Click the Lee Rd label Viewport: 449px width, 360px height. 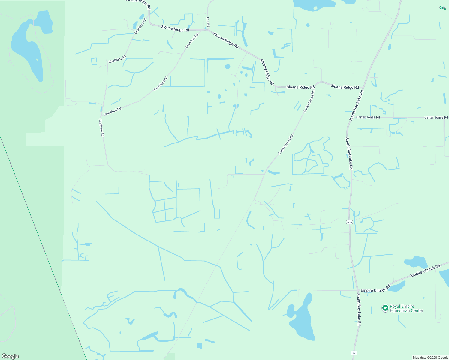tap(208, 22)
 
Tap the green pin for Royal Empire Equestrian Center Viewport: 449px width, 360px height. tap(385, 308)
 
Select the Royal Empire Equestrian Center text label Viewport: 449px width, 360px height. tap(406, 309)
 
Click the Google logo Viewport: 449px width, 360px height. tap(10, 356)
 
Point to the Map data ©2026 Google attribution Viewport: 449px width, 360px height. tap(430, 358)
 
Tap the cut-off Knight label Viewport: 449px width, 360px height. tap(444, 7)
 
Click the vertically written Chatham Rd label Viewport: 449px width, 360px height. tap(101, 127)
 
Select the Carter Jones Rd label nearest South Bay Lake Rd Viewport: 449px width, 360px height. tap(368, 117)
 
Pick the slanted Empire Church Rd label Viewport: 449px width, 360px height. tap(425, 271)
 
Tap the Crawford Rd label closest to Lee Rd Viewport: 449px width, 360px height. tap(192, 41)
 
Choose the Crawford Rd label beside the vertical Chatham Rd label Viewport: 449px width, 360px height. tap(113, 111)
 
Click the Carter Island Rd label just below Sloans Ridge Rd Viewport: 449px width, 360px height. tap(309, 101)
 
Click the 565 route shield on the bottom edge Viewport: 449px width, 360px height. tap(354, 353)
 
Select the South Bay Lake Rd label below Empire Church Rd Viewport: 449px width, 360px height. tap(359, 310)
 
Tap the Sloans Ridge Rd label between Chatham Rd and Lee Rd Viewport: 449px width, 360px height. tap(175, 28)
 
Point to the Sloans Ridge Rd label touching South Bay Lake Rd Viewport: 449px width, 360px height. tap(345, 87)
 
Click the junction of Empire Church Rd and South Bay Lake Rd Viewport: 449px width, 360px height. tap(358, 290)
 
